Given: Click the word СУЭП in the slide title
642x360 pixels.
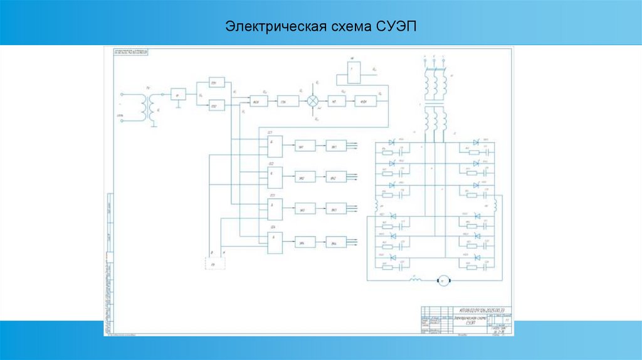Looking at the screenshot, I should [397, 28].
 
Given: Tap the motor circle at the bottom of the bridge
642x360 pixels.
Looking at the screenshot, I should [443, 280].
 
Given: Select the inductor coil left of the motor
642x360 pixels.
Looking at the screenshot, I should [414, 280].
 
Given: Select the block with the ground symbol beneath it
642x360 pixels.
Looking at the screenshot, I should [179, 95].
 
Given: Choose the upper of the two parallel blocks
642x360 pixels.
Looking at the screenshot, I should [216, 84].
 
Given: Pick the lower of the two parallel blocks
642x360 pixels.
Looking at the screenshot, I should [216, 107].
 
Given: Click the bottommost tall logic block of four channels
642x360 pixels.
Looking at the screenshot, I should [275, 242].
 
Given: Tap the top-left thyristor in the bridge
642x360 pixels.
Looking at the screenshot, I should [392, 143].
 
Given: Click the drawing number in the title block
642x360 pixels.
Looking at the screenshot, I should [483, 310].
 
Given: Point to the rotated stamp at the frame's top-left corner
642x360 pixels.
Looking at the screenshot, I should [131, 53].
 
